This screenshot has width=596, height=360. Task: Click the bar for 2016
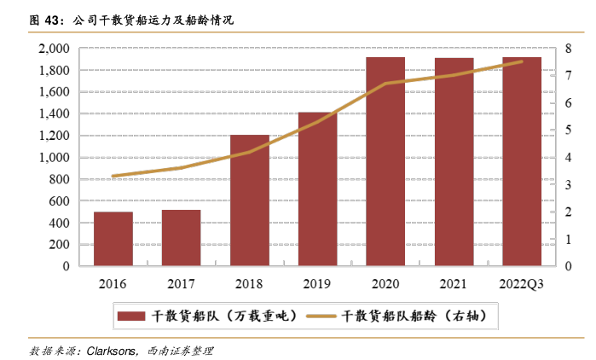click(113, 239)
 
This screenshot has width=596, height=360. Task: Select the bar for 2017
click(181, 238)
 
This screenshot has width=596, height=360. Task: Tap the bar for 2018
click(249, 200)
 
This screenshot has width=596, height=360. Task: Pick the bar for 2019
click(317, 189)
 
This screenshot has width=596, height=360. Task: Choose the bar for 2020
click(385, 161)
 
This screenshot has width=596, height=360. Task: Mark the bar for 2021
click(454, 162)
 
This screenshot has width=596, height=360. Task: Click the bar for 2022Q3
click(522, 161)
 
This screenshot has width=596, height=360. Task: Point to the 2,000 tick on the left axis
click(54, 49)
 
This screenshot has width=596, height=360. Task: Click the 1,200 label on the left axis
click(54, 136)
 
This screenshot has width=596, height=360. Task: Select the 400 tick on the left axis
click(59, 223)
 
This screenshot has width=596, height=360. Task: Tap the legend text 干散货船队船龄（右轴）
click(414, 316)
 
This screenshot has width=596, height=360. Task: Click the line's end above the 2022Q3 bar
click(522, 61)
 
